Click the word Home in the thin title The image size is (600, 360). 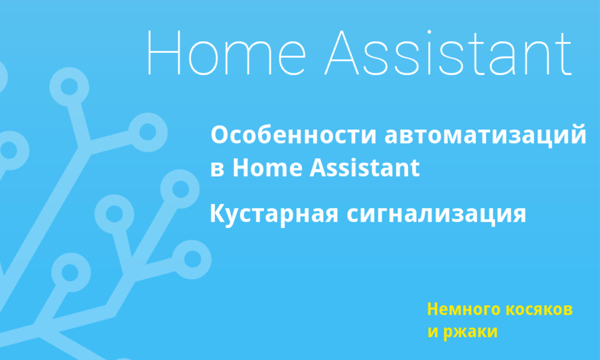point(226,52)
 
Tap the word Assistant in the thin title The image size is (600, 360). point(448,52)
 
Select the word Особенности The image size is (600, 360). point(293,135)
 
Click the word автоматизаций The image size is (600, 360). point(485,136)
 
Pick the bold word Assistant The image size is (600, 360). point(364,167)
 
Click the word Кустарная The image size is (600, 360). point(274,214)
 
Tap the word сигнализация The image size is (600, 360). point(436,214)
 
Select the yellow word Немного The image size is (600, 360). point(463,309)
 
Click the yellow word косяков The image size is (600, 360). point(539,309)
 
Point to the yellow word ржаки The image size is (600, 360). point(470,332)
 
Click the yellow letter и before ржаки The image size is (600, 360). point(433,332)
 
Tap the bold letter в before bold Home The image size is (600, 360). point(217,169)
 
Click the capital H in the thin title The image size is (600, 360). point(164,52)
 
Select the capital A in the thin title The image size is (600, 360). point(342,52)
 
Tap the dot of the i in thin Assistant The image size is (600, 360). point(429,32)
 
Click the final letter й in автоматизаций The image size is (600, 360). point(577,134)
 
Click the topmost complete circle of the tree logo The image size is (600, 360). point(69,87)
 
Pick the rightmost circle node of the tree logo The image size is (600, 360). point(191,259)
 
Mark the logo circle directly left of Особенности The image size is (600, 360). point(148,132)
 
